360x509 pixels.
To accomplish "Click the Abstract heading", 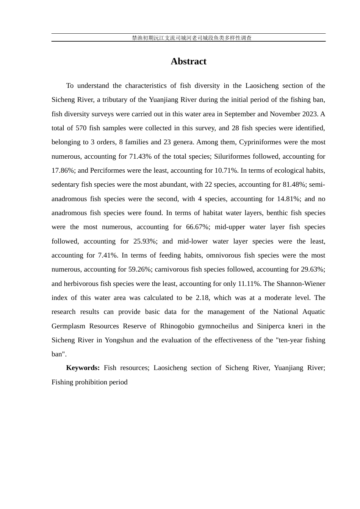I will pyautogui.click(x=188, y=61).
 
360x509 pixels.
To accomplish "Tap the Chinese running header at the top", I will pyautogui.click(x=192, y=38).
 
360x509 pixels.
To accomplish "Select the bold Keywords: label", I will pyautogui.click(x=83, y=368).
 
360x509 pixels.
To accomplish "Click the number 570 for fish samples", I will pyautogui.click(x=81, y=128).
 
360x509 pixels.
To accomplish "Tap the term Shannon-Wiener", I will pyautogui.click(x=301, y=284).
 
